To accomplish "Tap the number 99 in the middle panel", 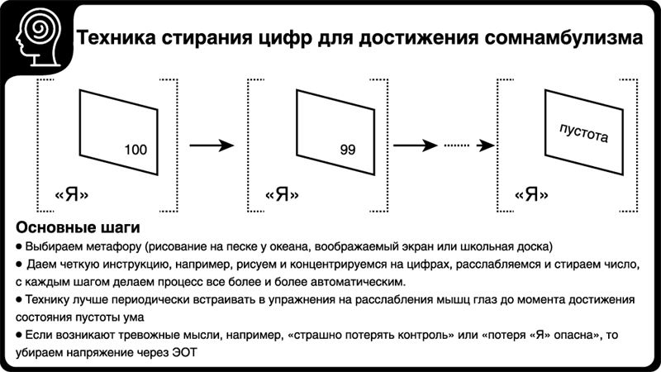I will pyautogui.click(x=347, y=150).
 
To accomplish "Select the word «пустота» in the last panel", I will pyautogui.click(x=583, y=133).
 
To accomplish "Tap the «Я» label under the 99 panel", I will pyautogui.click(x=282, y=195).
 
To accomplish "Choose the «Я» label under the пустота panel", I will pyautogui.click(x=532, y=195).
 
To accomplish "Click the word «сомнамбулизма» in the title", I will pyautogui.click(x=558, y=38).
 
